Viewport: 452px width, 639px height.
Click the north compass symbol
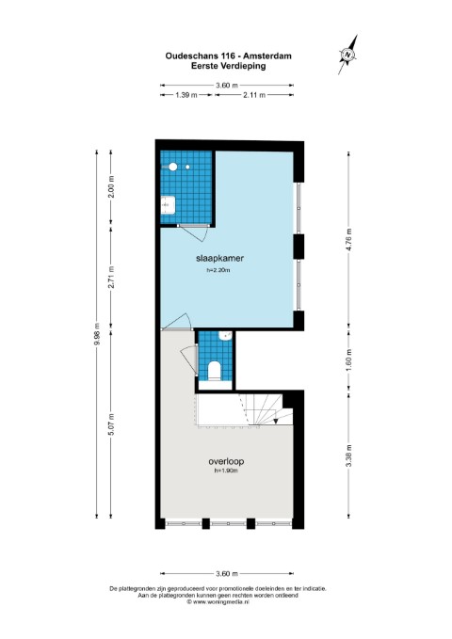click(348, 55)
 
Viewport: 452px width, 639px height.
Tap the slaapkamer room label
click(220, 258)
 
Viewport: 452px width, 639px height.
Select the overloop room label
click(226, 461)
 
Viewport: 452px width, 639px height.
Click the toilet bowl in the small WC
click(214, 371)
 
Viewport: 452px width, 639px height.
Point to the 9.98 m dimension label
click(97, 334)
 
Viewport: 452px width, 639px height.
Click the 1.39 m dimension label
click(186, 95)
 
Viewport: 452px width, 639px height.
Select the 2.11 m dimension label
click(254, 95)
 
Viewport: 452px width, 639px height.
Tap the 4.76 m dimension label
click(348, 240)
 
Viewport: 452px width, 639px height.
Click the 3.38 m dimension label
click(348, 455)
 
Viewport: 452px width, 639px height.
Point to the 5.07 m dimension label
click(111, 423)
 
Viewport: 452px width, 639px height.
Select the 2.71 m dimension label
click(111, 277)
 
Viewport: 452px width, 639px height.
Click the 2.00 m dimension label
click(111, 186)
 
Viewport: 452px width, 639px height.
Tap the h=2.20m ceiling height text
click(218, 270)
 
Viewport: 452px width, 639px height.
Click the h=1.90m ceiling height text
click(226, 471)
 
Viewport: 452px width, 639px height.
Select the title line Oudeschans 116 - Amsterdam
click(229, 56)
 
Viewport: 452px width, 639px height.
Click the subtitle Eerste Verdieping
click(229, 66)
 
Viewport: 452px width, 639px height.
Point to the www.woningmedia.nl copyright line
click(218, 601)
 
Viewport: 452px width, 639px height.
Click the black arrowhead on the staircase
click(276, 421)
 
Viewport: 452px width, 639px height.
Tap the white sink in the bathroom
click(168, 204)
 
